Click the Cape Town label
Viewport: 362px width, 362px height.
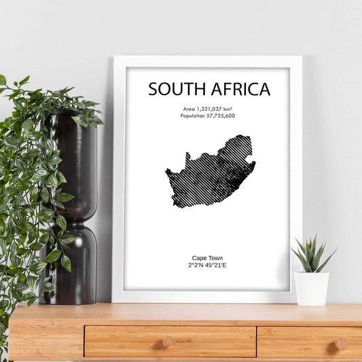(x=208, y=258)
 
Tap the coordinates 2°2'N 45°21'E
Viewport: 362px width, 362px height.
(x=208, y=266)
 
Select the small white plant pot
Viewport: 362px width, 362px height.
(x=312, y=288)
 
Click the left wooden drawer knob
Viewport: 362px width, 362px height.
(x=169, y=342)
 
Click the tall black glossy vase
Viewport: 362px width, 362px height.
(x=73, y=204)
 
